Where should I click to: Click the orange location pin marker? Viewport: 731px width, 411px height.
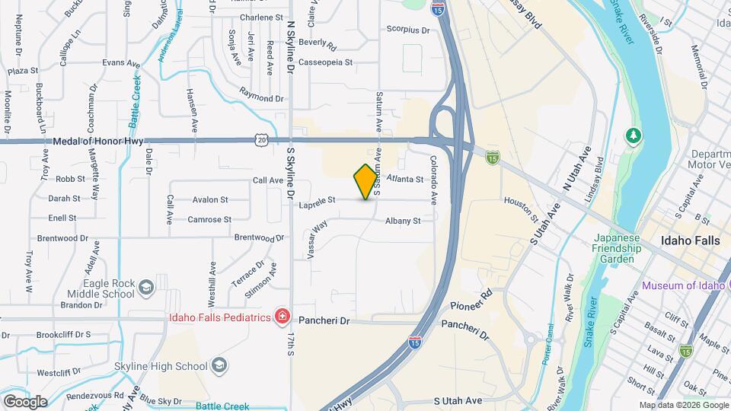(x=365, y=181)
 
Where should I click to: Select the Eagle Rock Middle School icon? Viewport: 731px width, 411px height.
(x=145, y=287)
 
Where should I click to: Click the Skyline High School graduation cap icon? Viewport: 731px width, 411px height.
(x=219, y=366)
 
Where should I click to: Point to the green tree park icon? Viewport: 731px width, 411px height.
(x=633, y=136)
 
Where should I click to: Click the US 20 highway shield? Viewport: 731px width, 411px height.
(x=261, y=139)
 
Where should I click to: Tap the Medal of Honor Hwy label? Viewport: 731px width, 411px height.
(x=98, y=141)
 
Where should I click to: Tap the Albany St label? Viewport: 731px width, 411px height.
(x=403, y=221)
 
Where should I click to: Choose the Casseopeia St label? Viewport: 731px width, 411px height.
(x=326, y=62)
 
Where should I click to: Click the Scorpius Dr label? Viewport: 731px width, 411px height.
(x=408, y=30)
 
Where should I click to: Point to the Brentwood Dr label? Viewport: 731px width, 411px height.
(x=259, y=237)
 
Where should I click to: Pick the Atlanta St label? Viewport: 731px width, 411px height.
(x=404, y=180)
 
